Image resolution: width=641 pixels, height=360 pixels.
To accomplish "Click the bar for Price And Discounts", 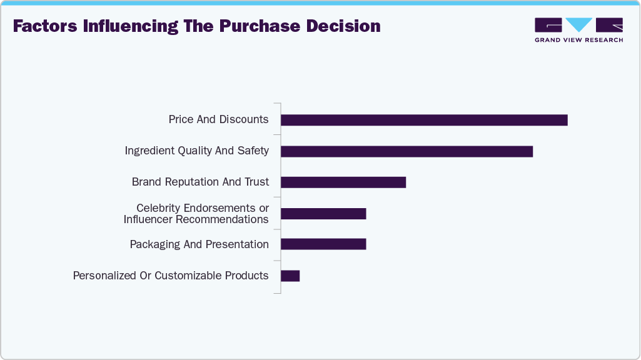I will click(424, 120).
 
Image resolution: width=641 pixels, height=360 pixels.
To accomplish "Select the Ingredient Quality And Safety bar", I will click(406, 151).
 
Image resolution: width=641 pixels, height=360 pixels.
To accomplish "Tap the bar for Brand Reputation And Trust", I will click(343, 182).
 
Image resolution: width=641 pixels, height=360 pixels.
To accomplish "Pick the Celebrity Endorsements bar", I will click(323, 214).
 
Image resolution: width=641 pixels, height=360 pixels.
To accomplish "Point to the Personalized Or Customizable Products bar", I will click(290, 276).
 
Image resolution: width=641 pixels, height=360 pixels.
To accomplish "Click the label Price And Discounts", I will click(218, 119).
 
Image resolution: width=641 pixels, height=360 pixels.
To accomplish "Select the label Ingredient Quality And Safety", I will click(196, 151).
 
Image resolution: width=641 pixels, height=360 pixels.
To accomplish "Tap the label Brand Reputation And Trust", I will click(200, 182).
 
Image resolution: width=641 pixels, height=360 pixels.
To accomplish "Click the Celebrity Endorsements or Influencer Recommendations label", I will click(196, 214).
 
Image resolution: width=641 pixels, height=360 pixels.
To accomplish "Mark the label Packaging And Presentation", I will click(199, 244).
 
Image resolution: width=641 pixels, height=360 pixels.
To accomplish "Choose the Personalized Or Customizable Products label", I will click(171, 276).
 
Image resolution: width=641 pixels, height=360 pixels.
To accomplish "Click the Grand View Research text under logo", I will click(578, 40).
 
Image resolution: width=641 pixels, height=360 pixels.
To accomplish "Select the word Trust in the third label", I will click(256, 182).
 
